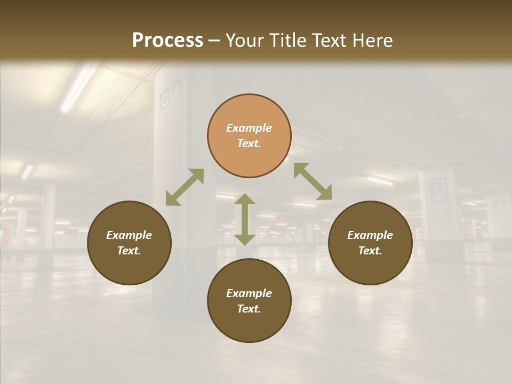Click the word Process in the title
point(167,41)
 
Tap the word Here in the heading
point(372,41)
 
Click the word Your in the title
point(244,41)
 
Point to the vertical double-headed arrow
point(245,219)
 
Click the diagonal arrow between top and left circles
point(185,187)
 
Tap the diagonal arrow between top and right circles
point(313,181)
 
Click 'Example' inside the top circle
point(249,128)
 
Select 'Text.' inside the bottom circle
point(249,309)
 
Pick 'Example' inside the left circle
point(129,235)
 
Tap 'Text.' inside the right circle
point(370,251)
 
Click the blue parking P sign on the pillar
point(438,190)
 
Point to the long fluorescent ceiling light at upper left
point(78,89)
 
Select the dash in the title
point(214,41)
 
